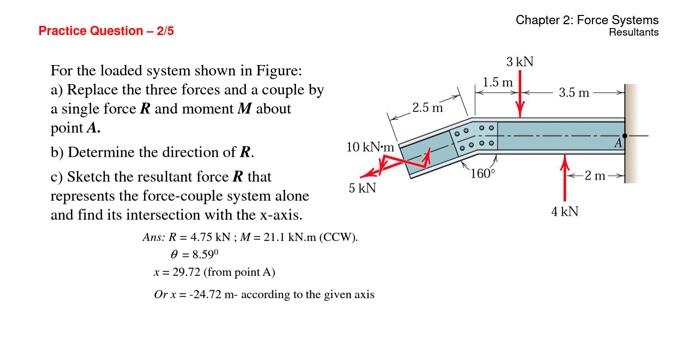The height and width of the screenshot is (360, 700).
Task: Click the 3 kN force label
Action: point(519,62)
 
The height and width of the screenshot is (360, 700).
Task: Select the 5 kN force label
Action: point(362,188)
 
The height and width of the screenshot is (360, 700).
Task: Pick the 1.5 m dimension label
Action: point(497,81)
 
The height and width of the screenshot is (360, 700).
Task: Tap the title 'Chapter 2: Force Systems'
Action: point(587,20)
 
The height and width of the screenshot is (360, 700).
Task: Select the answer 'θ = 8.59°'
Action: point(179,255)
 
